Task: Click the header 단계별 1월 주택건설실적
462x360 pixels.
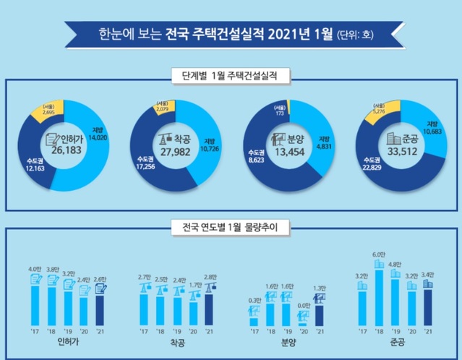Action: click(x=230, y=74)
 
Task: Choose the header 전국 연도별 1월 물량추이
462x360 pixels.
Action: click(x=230, y=231)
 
